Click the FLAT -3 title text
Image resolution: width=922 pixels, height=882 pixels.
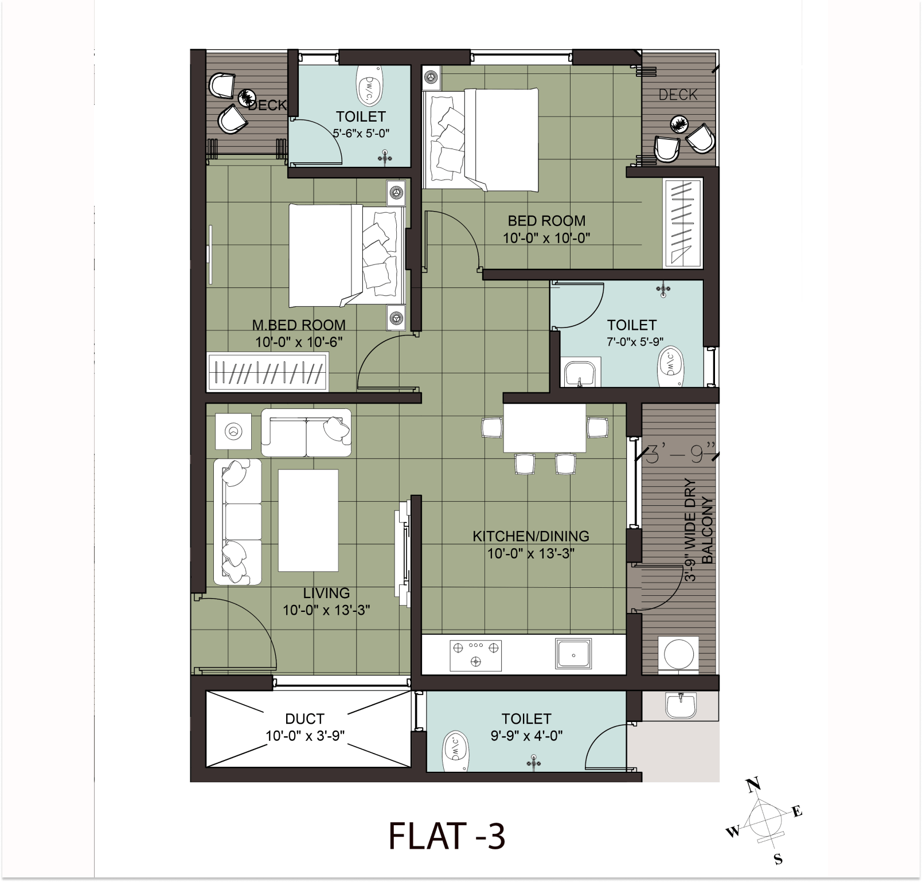pos(447,836)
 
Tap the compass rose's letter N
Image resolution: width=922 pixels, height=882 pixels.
pos(753,785)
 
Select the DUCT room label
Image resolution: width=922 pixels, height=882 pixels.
pos(304,719)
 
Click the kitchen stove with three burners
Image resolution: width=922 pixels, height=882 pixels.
pos(475,655)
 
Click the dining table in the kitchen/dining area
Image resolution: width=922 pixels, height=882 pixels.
pos(545,428)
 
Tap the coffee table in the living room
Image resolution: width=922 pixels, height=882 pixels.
pos(308,520)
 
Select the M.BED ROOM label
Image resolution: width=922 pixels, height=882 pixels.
pos(299,325)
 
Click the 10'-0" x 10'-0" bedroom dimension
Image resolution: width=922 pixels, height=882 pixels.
pos(546,238)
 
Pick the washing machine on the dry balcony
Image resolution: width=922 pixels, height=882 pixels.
pos(679,654)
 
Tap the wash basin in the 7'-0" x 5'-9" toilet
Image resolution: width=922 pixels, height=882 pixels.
pos(582,372)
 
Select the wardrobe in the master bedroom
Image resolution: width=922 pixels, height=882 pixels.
pos(268,373)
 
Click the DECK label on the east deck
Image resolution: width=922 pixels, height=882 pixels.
pos(678,95)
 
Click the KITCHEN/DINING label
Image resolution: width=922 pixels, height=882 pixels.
pos(530,536)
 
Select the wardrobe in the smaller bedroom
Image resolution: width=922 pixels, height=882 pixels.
pos(682,224)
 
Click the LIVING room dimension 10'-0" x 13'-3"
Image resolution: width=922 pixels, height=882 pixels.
pos(326,610)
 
